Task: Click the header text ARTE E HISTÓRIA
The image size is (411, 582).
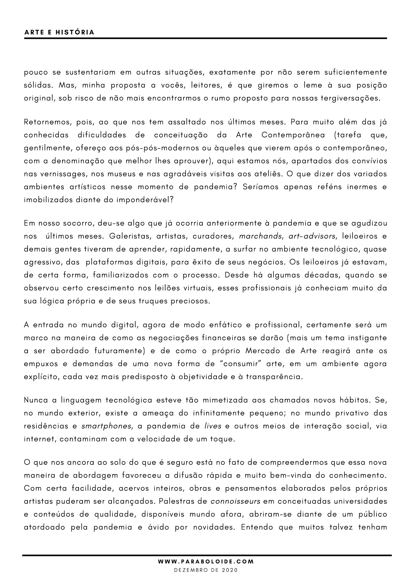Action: (x=59, y=32)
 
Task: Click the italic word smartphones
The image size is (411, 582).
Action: (x=106, y=426)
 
